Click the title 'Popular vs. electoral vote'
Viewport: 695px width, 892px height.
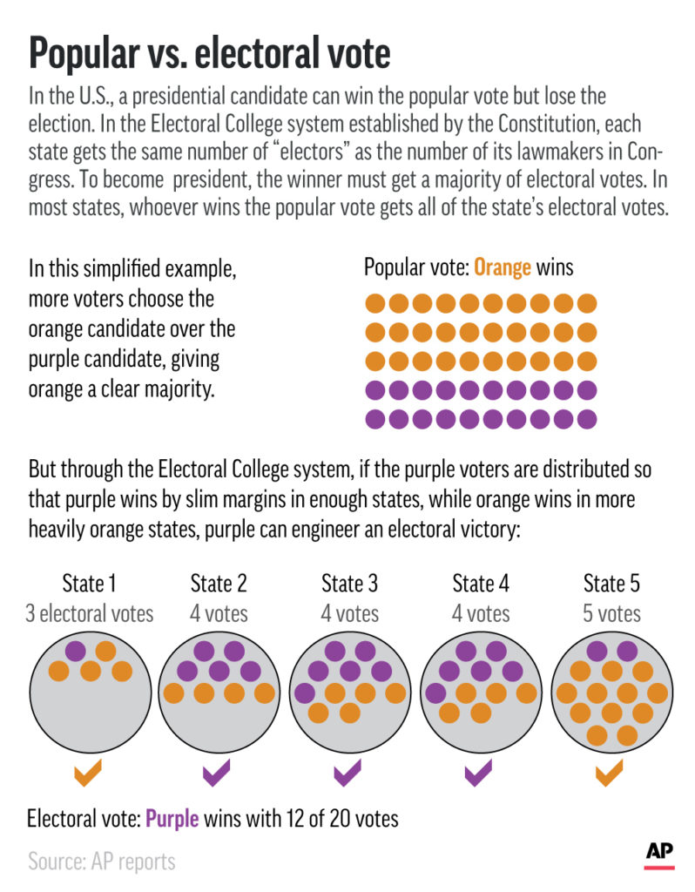[x=209, y=54]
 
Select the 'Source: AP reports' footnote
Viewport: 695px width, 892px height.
[x=102, y=862]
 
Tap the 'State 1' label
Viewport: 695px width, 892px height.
[x=89, y=583]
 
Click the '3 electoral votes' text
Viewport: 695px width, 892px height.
[x=89, y=613]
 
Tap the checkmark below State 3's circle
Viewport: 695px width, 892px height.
[x=349, y=772]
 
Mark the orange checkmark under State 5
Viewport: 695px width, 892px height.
[x=610, y=772]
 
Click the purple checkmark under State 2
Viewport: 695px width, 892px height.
[x=218, y=772]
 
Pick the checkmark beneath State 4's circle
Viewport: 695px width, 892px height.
[x=479, y=772]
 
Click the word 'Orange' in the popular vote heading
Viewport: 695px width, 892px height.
[x=503, y=267]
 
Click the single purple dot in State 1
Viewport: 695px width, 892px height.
[x=75, y=650]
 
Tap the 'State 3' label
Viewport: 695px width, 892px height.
[x=349, y=583]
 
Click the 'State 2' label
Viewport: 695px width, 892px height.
[x=219, y=583]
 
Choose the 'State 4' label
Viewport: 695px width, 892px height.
[x=480, y=583]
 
